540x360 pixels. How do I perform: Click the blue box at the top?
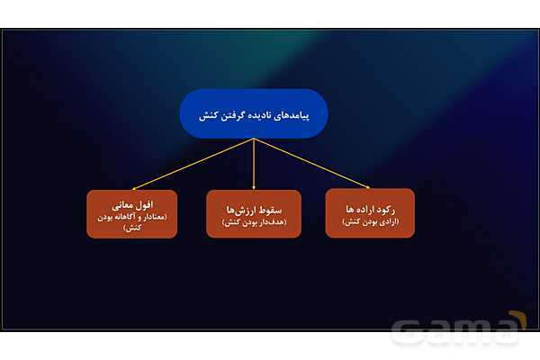253,112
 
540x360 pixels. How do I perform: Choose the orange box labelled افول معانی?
131,213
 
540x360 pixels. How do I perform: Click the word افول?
144,206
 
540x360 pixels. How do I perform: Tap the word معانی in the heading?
121,206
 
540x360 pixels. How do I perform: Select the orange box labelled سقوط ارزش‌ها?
253,213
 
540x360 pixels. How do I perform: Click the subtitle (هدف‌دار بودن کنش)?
253,221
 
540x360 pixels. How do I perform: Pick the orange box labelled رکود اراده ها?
370,212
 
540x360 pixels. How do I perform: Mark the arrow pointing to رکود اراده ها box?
315,165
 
